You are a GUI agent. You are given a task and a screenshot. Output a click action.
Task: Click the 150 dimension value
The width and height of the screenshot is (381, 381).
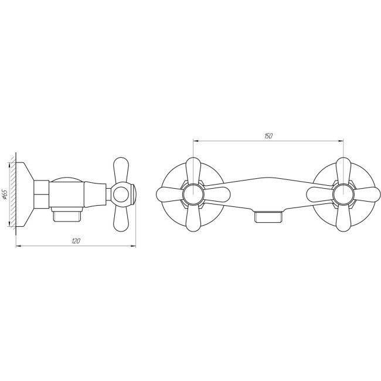coord(268,136)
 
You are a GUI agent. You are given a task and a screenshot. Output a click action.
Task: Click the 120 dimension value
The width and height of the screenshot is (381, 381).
coord(76,241)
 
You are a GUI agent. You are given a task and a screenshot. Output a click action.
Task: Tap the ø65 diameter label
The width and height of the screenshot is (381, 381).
coord(6,194)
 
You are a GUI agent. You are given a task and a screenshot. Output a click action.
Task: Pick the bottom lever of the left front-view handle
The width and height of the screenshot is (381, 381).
coord(193,217)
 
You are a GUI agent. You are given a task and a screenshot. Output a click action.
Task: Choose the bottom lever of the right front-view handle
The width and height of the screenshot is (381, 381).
coord(343,217)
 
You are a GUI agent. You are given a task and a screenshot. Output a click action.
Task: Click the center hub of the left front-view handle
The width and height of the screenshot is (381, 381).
coord(193,195)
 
